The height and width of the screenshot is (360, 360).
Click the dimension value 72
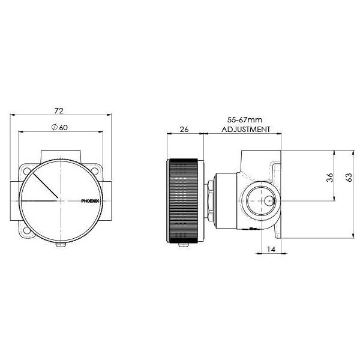tap(59, 110)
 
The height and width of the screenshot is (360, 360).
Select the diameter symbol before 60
tap(54, 127)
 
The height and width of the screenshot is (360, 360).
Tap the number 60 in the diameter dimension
tap(64, 127)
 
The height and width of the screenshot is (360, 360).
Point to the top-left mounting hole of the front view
tap(27, 171)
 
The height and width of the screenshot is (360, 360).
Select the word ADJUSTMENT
tap(246, 129)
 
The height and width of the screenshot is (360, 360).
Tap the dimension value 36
tap(329, 178)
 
